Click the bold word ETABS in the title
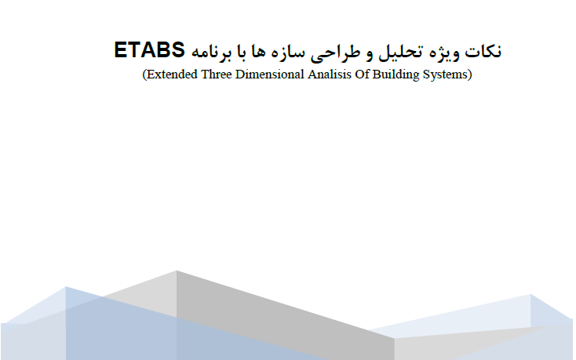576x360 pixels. (149, 50)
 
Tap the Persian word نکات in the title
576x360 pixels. (483, 51)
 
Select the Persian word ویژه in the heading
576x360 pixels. (444, 52)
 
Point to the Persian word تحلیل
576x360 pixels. (400, 52)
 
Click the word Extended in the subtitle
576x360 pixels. (172, 75)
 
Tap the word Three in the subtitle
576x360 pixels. (217, 75)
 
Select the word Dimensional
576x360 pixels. (270, 75)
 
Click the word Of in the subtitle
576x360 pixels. (362, 75)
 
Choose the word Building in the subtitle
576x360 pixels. (396, 75)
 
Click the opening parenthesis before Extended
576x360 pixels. (144, 75)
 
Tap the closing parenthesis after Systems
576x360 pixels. (470, 75)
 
